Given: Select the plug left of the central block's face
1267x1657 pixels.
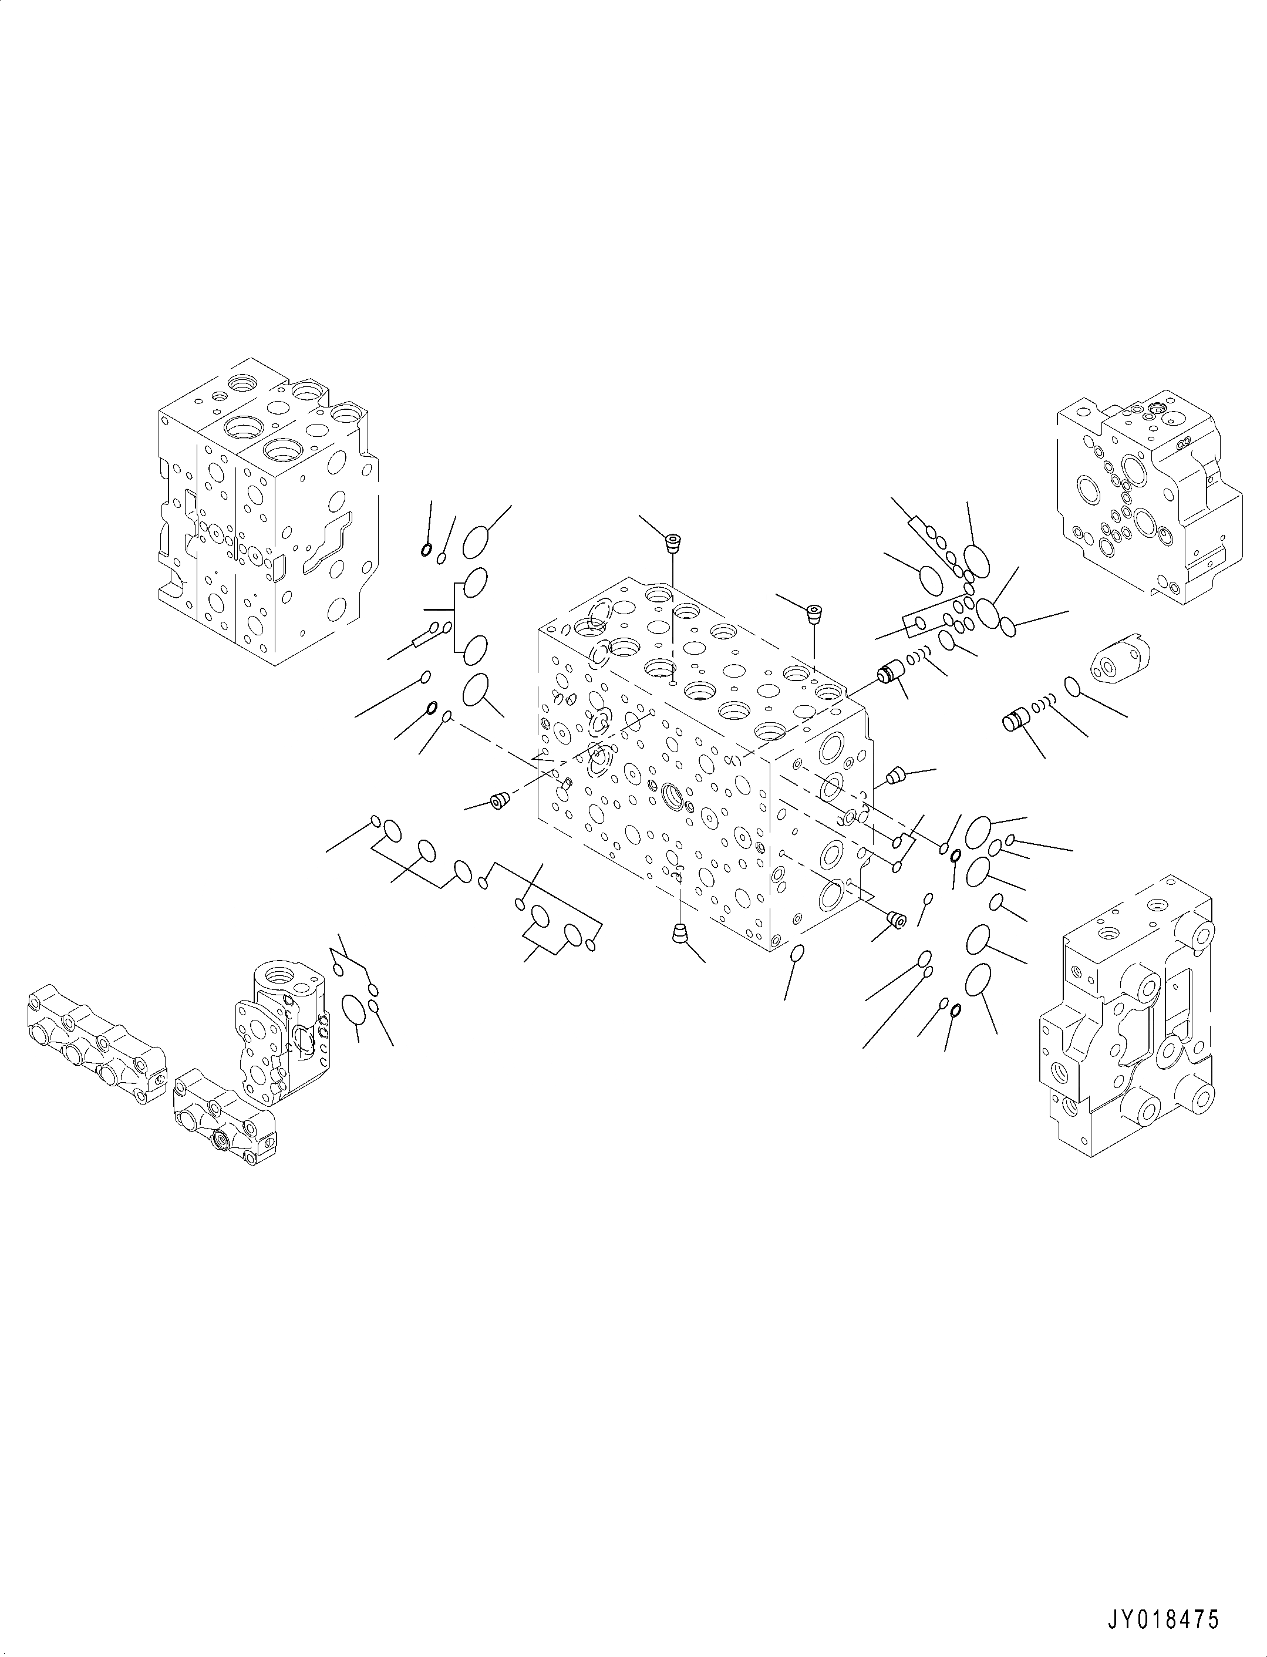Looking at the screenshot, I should tap(498, 801).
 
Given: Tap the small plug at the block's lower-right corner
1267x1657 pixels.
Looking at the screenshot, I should tap(896, 920).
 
